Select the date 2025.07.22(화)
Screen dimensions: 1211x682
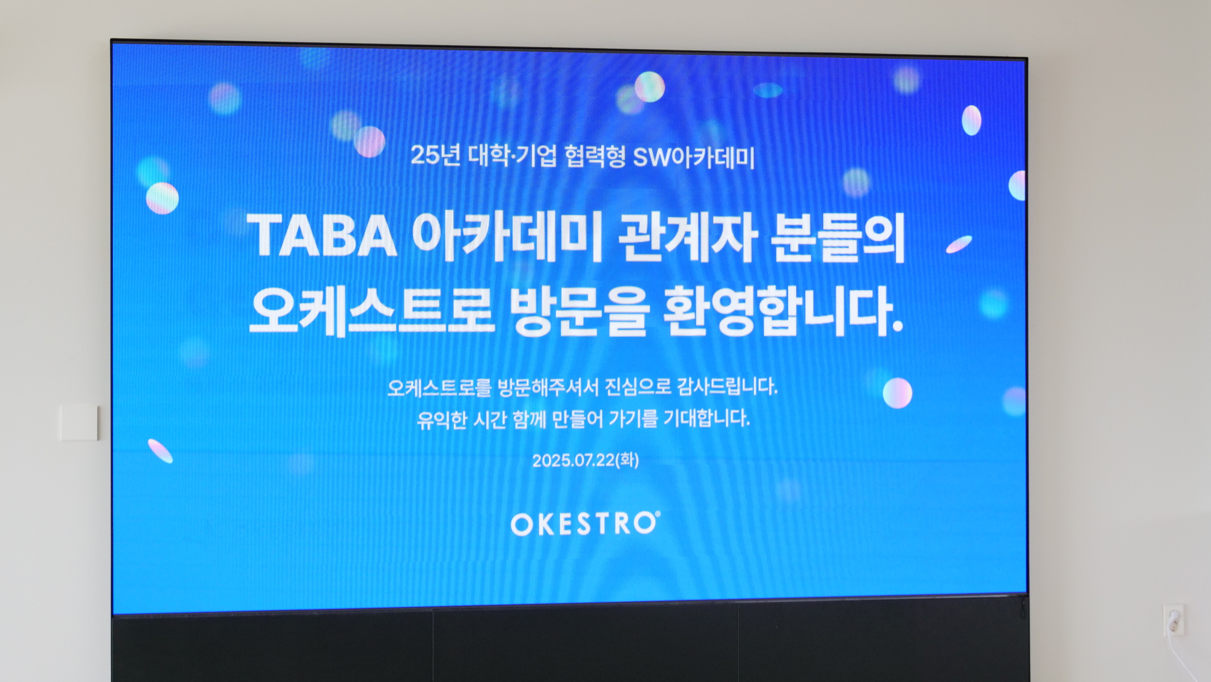pos(585,460)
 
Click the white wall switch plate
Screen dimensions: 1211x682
pos(79,423)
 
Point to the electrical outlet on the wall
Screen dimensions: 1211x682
pos(1174,619)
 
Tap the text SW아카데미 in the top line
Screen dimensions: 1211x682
pos(693,157)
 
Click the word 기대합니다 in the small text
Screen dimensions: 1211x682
pos(707,418)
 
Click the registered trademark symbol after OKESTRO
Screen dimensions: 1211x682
pos(657,514)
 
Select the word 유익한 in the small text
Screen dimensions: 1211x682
pos(442,420)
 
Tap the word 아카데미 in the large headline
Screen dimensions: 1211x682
pos(507,236)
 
